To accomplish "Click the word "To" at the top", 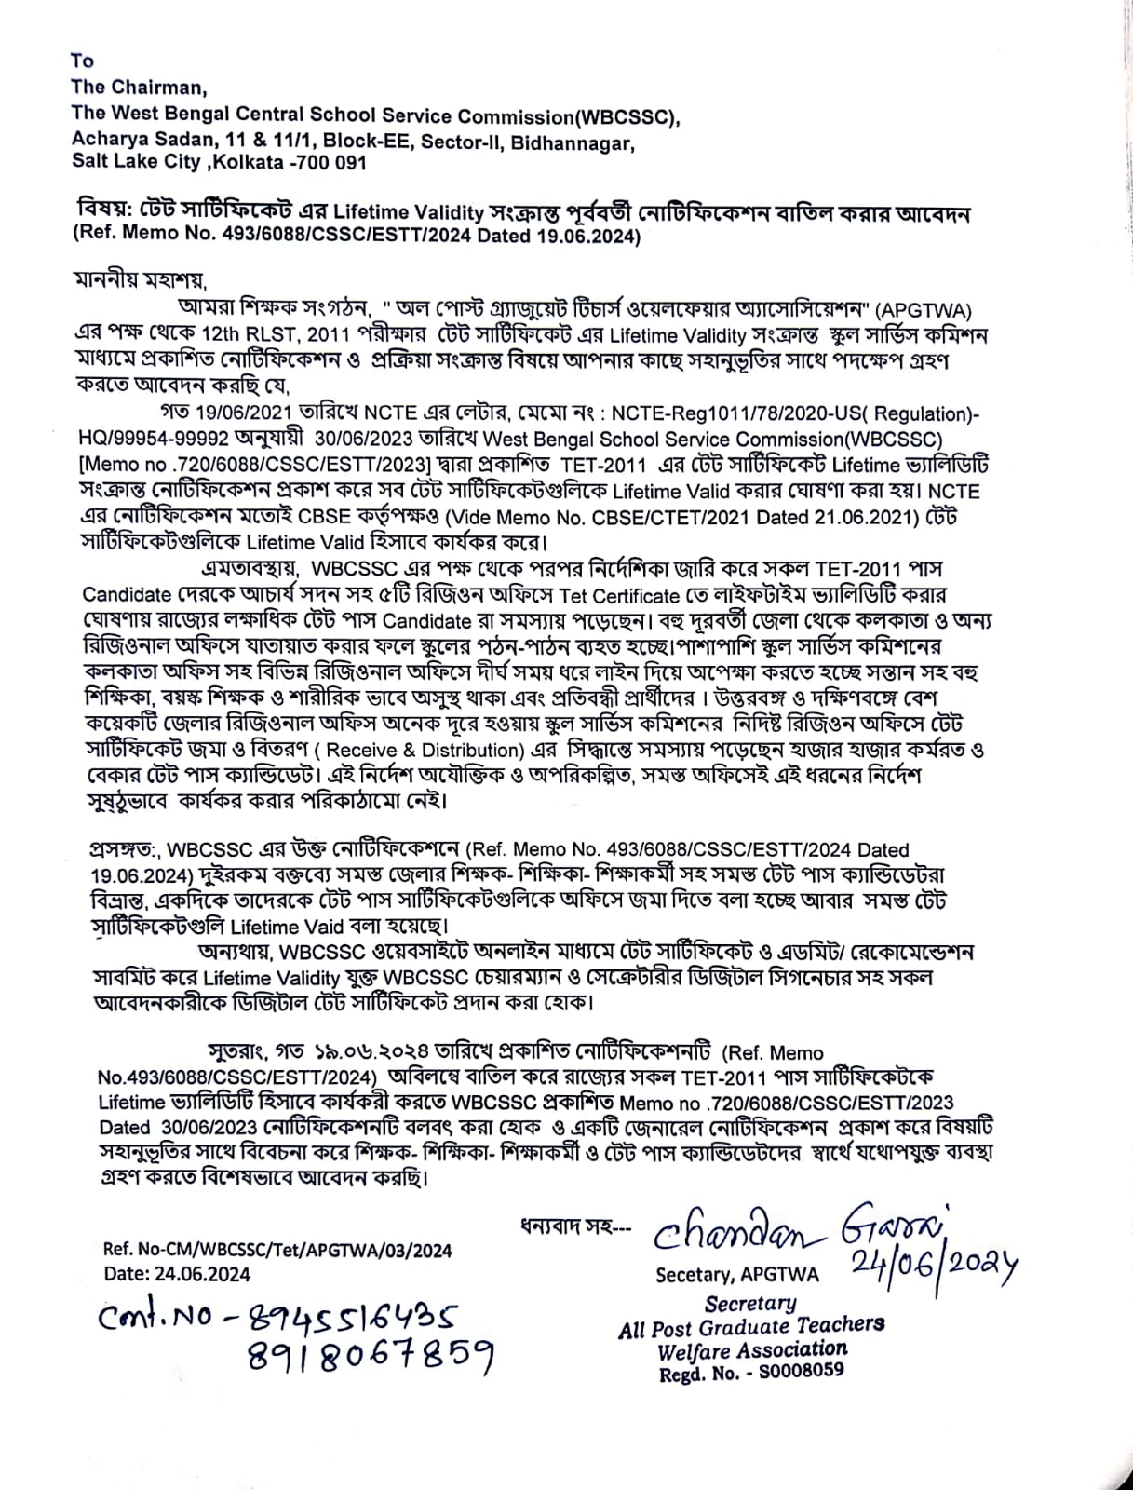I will pyautogui.click(x=82, y=61).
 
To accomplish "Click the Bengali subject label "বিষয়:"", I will pyautogui.click(x=107, y=213).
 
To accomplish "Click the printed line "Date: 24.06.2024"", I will pyautogui.click(x=177, y=1274).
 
